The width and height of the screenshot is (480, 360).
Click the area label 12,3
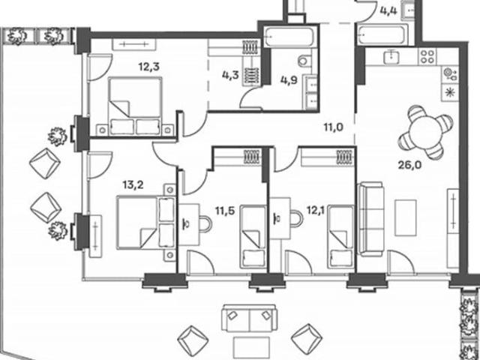[148, 67]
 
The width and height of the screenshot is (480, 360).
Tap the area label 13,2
[133, 185]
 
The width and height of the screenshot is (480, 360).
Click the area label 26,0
[409, 165]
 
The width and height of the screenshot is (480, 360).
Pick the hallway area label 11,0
[334, 127]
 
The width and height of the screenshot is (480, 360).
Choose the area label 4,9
[289, 81]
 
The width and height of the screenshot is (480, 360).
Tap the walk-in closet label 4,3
[230, 75]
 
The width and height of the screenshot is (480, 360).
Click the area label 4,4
[388, 11]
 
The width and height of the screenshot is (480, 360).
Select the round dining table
[425, 133]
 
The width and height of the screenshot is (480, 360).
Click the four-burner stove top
[427, 57]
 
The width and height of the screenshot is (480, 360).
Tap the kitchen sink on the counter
[391, 57]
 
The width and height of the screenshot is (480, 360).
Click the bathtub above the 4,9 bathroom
[289, 37]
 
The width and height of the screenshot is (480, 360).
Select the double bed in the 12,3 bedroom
[136, 106]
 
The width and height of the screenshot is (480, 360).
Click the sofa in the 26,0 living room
[371, 219]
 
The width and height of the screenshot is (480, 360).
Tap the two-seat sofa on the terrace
[250, 318]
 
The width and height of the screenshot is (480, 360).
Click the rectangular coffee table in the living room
[406, 217]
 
